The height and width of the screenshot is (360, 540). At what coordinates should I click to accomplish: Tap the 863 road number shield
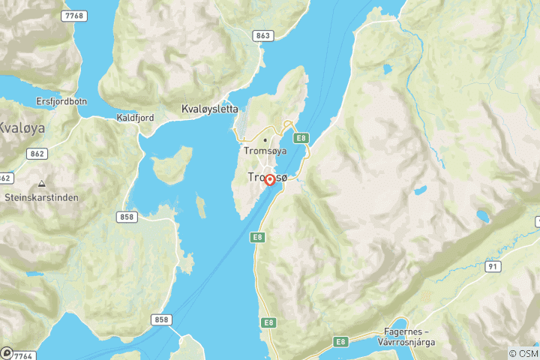pyautogui.click(x=262, y=35)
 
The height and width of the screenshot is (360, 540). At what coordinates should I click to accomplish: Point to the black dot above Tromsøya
pyautogui.click(x=264, y=139)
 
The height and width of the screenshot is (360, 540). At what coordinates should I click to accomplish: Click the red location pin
pyautogui.click(x=269, y=180)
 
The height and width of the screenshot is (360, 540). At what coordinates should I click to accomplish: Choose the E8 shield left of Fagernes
pyautogui.click(x=342, y=341)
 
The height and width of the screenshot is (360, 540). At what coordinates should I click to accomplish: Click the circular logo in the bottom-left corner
pyautogui.click(x=6, y=352)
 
